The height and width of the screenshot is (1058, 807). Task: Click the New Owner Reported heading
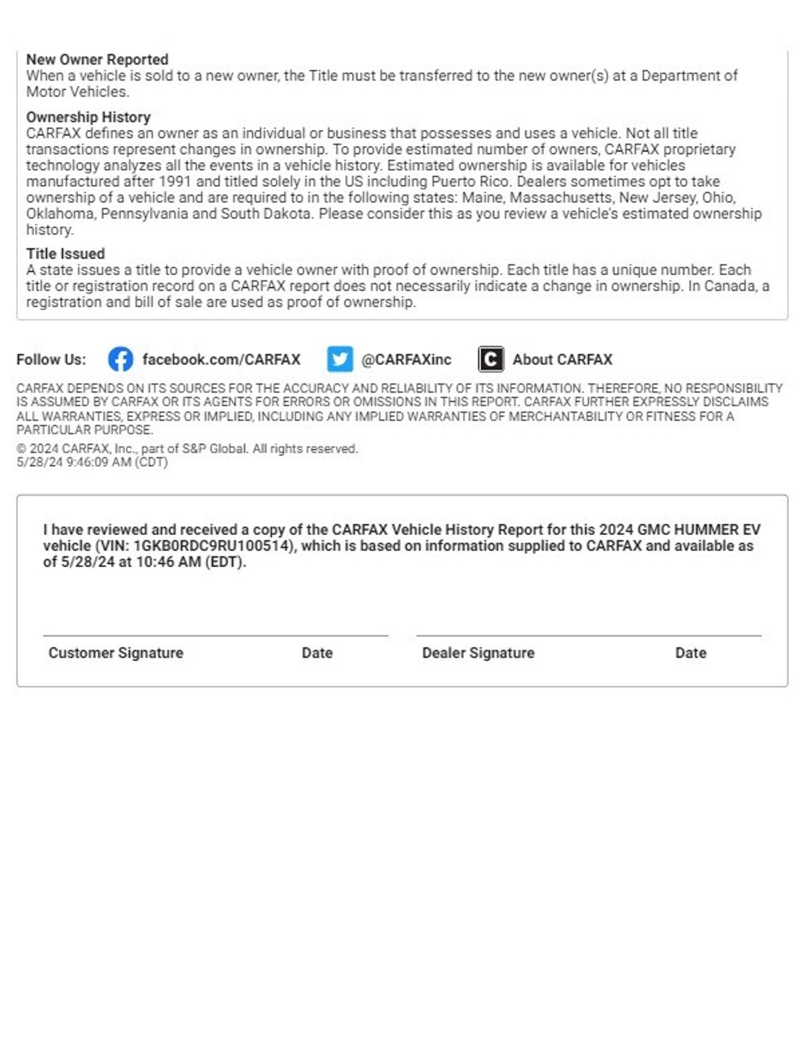(97, 60)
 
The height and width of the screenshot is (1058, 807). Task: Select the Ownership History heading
(88, 117)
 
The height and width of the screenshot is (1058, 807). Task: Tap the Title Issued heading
(65, 254)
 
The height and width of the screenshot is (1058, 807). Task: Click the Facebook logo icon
(120, 360)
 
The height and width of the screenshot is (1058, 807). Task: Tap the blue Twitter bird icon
(340, 360)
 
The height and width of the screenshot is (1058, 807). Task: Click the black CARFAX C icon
(490, 360)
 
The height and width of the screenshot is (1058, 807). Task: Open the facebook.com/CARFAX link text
(221, 360)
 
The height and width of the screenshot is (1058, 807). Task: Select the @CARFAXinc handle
(406, 360)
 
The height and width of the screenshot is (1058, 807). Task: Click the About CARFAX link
(562, 360)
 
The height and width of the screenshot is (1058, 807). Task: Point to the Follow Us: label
(51, 360)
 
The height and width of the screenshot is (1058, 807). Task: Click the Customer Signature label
(115, 653)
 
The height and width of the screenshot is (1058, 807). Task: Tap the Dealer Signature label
(478, 653)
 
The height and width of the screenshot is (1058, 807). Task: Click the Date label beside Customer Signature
(317, 653)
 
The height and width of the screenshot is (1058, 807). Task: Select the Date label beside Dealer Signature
(690, 653)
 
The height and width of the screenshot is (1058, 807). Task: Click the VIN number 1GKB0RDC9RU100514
(212, 546)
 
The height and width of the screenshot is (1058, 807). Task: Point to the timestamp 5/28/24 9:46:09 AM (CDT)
(92, 462)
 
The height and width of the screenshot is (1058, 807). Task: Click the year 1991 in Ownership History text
(174, 182)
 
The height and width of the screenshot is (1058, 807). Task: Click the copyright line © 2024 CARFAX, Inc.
(186, 449)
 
